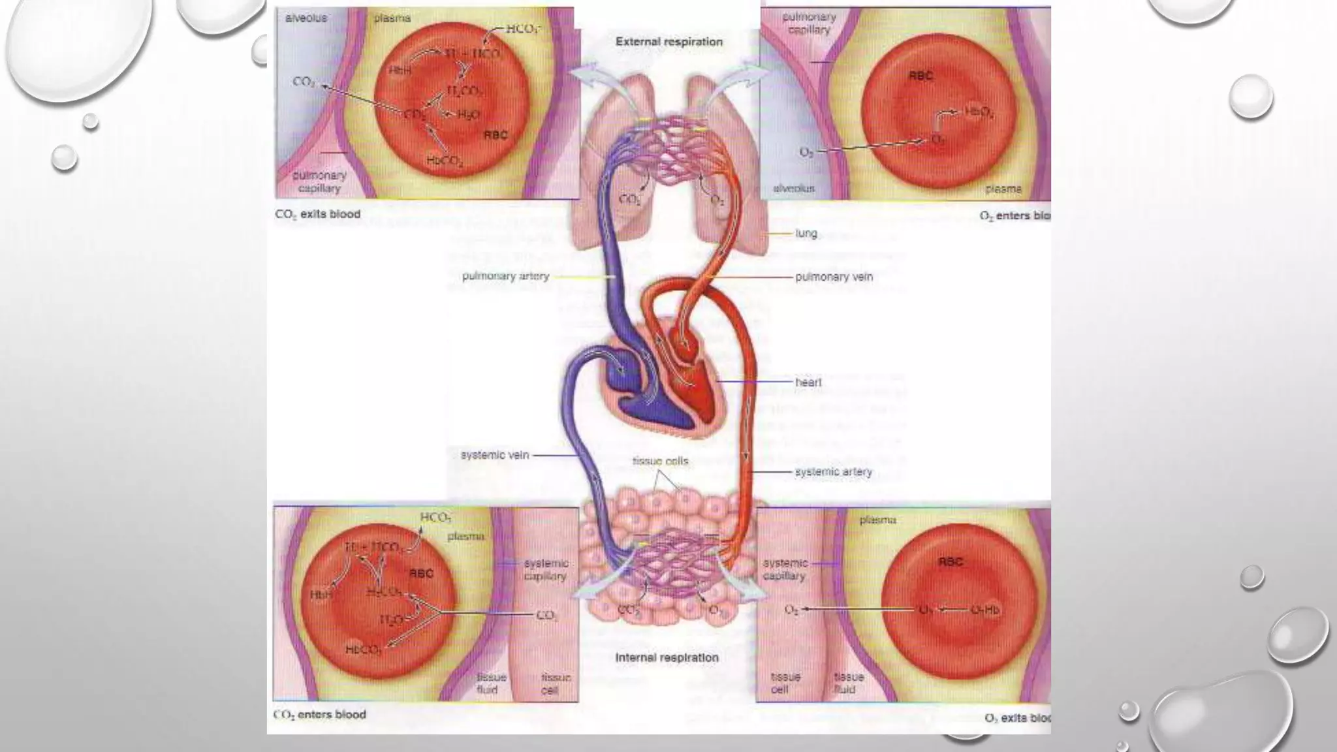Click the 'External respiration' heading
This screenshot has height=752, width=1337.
[x=668, y=42]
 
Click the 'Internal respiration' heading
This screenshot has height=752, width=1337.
[x=667, y=657]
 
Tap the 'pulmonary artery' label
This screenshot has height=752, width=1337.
[x=505, y=276]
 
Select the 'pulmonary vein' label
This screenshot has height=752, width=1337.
[x=834, y=277]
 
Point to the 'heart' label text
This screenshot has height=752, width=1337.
[x=808, y=382]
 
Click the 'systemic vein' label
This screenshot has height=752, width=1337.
[x=494, y=455]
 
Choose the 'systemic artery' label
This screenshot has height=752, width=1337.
[x=833, y=471]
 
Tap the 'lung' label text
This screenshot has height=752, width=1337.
[x=806, y=233]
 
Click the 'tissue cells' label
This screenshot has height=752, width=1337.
[x=660, y=461]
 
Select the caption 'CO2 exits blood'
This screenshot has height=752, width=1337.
[x=317, y=214]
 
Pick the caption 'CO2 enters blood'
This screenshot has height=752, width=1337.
[x=319, y=714]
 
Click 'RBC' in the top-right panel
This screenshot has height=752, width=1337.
[x=920, y=76]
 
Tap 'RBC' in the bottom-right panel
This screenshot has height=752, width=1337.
[x=951, y=561]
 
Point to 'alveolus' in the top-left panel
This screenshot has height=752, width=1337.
[x=306, y=18]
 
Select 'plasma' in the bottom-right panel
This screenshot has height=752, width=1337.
[x=877, y=520]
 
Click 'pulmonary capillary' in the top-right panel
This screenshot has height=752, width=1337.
[x=808, y=23]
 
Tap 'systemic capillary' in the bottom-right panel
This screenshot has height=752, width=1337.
[x=785, y=569]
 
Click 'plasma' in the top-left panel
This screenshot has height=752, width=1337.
[x=392, y=18]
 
